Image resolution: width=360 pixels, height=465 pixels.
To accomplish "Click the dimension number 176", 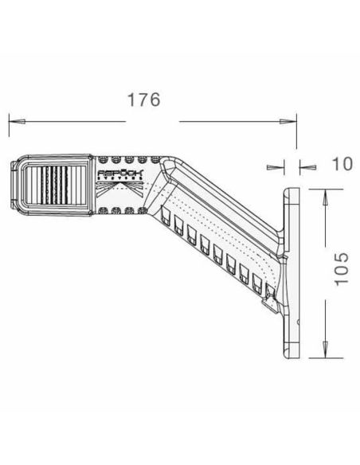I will coord(145,100).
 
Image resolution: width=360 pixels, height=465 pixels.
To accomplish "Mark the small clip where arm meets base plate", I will coord(271,303).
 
